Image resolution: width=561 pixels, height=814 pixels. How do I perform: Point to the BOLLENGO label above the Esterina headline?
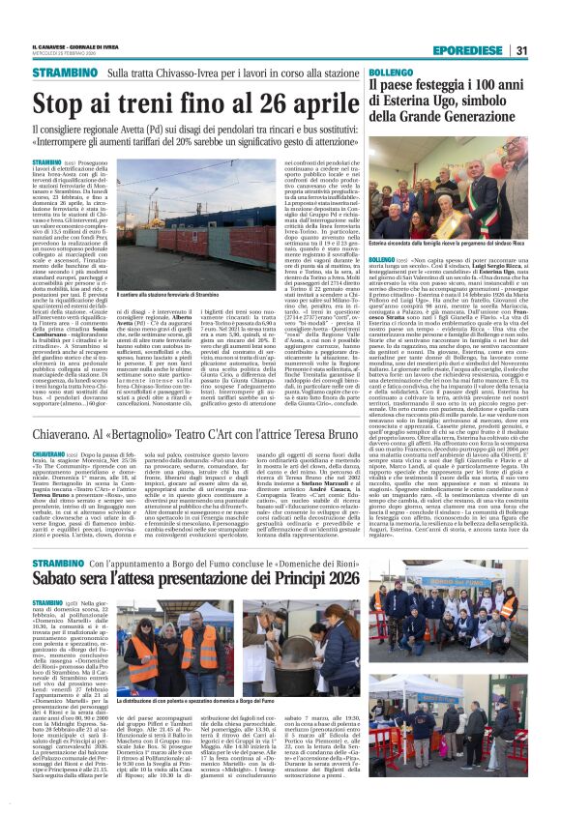388,73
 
